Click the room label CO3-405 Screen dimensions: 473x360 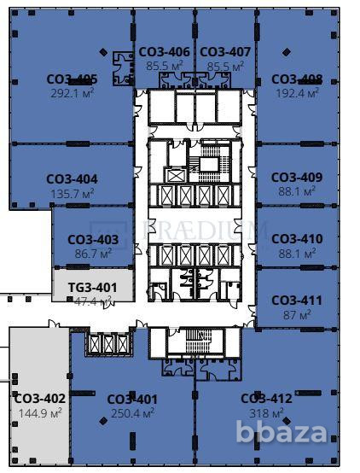(x=72, y=79)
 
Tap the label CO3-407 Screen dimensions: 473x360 (x=225, y=52)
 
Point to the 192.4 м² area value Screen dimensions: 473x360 (x=297, y=92)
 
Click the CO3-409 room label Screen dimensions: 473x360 (x=297, y=178)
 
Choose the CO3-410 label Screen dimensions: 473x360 (x=297, y=239)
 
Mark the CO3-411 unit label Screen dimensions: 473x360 (x=297, y=301)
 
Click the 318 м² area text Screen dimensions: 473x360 (x=267, y=412)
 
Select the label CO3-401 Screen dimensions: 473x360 (x=132, y=399)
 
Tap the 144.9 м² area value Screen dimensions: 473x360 (x=40, y=412)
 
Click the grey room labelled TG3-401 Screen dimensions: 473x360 (x=93, y=288)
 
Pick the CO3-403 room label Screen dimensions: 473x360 (x=93, y=240)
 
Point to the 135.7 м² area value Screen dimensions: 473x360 (x=72, y=193)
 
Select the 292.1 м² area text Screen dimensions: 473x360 (x=72, y=92)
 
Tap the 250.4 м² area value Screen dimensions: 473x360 (x=132, y=412)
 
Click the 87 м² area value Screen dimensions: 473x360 (x=297, y=314)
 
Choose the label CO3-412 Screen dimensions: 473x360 (x=266, y=399)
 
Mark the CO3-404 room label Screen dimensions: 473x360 (x=72, y=179)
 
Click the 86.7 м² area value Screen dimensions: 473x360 (x=93, y=254)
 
